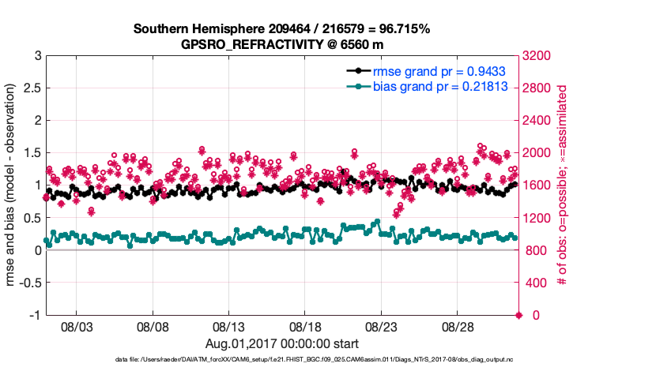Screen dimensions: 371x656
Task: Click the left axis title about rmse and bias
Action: (12, 185)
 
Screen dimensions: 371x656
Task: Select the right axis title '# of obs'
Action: (564, 185)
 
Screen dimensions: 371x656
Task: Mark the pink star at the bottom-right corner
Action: (518, 315)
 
